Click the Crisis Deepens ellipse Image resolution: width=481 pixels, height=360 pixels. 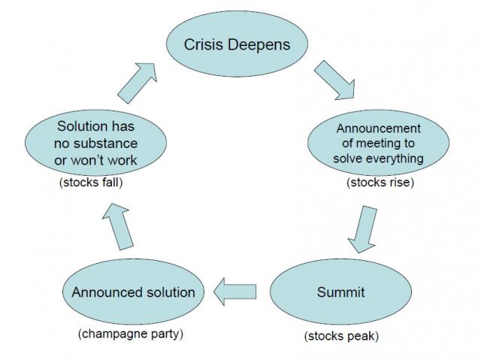[237, 44]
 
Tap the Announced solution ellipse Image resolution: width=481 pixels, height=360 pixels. [133, 292]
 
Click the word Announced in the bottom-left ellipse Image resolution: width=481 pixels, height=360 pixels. [104, 292]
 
